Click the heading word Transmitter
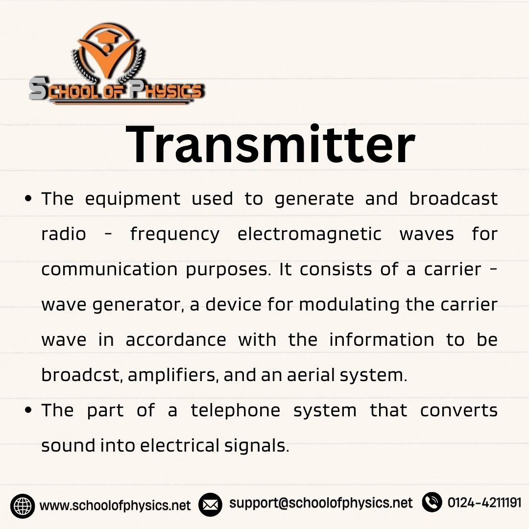pyautogui.click(x=270, y=144)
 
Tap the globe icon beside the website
pyautogui.click(x=22, y=506)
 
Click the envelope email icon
pyautogui.click(x=210, y=505)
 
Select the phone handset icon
pyautogui.click(x=432, y=503)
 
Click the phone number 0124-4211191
pyautogui.click(x=484, y=503)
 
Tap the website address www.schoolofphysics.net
pyautogui.click(x=115, y=505)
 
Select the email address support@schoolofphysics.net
pyautogui.click(x=321, y=503)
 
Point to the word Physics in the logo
pyautogui.click(x=167, y=90)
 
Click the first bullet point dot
pyautogui.click(x=28, y=199)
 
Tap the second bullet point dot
pyautogui.click(x=28, y=410)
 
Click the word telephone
pyautogui.click(x=236, y=411)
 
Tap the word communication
pyautogui.click(x=109, y=269)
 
